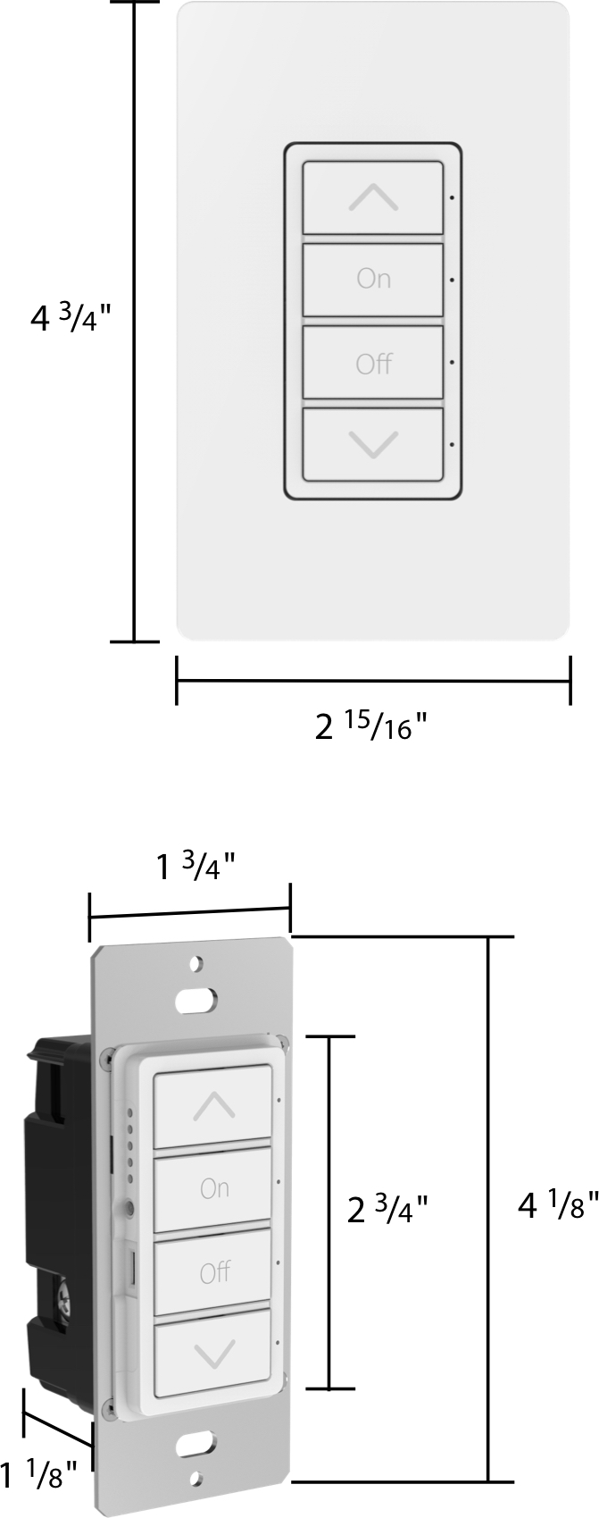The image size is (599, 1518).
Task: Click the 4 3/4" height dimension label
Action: [x=70, y=317]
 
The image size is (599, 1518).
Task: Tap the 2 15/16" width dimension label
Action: [x=371, y=727]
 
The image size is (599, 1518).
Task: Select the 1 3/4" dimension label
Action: [x=196, y=867]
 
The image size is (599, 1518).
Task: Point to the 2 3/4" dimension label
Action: [x=387, y=1210]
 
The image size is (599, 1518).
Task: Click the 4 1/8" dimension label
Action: [x=559, y=1205]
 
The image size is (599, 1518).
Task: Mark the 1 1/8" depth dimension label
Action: [x=38, y=1474]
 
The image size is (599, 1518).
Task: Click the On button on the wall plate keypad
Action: [x=373, y=280]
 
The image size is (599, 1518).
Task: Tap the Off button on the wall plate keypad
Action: [x=373, y=363]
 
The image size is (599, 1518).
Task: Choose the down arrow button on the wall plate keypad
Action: [x=373, y=445]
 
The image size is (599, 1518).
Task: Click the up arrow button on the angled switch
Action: [x=213, y=1105]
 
